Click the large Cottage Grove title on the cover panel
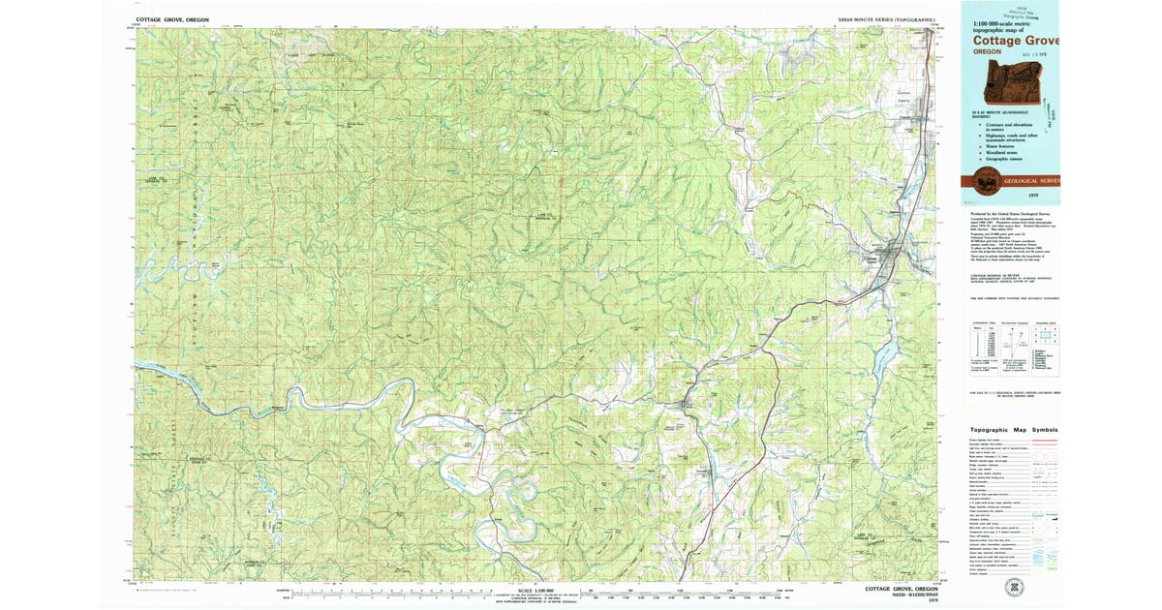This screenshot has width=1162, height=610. click(1016, 41)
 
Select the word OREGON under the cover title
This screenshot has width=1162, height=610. click(988, 52)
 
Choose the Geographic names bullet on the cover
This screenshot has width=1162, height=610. click(1006, 159)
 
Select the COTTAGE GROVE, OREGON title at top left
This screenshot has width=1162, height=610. click(172, 19)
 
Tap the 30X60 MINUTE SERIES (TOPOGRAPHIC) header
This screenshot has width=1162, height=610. click(887, 19)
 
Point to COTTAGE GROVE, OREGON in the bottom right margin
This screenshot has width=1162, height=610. click(901, 588)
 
